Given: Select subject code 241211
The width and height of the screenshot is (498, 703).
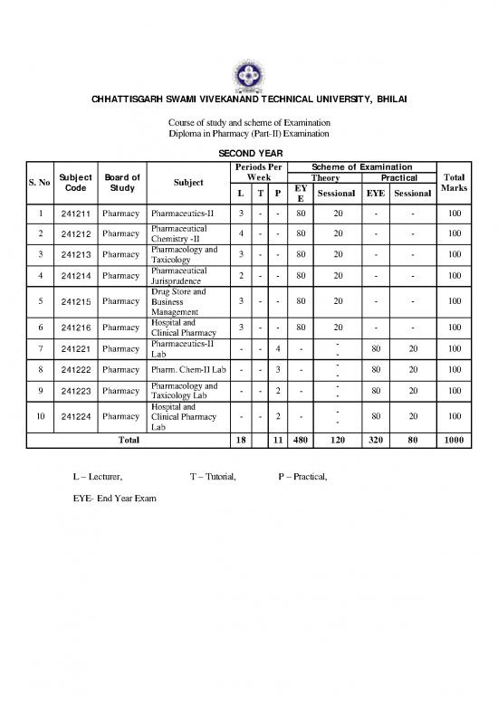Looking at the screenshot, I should pos(73,214).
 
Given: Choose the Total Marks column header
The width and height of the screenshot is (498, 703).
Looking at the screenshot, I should pos(452,182).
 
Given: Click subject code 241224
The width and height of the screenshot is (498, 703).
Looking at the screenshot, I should pos(73,416).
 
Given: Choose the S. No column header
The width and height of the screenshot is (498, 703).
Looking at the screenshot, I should pos(38,182).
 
